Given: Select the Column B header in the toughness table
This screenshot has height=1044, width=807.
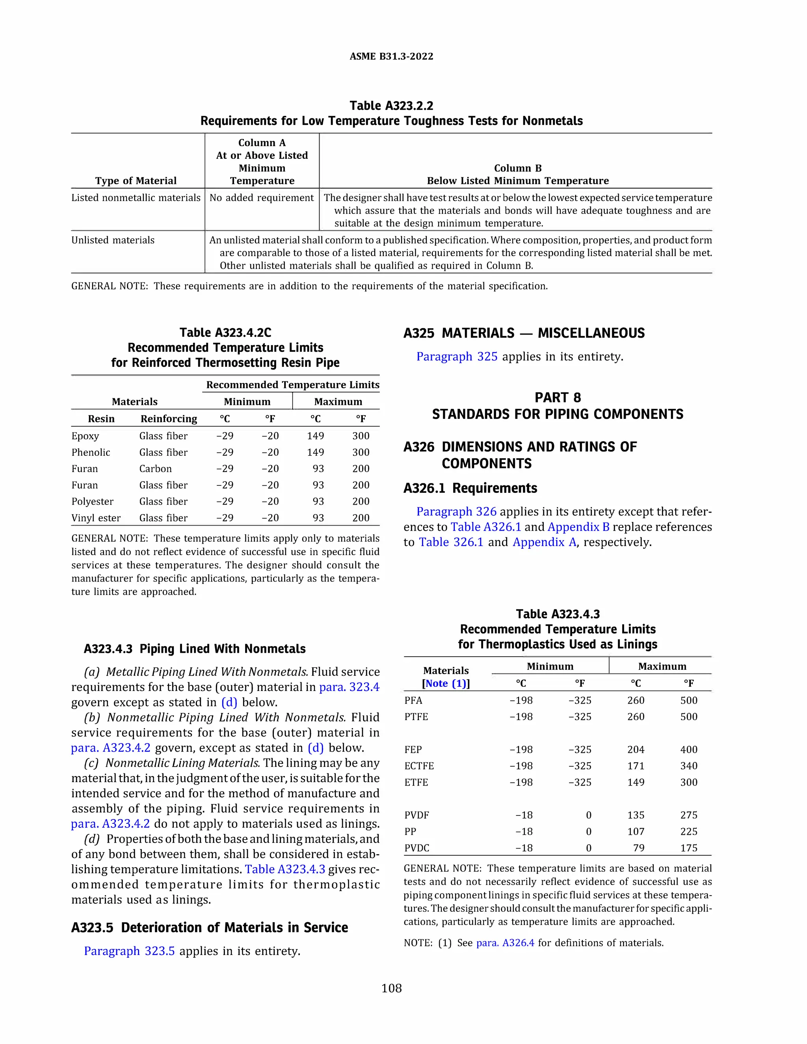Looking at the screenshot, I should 517,175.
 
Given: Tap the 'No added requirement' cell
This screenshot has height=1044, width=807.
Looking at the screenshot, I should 262,198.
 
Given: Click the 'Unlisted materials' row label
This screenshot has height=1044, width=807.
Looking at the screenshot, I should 113,240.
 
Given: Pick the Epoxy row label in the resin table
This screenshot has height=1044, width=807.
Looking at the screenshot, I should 85,436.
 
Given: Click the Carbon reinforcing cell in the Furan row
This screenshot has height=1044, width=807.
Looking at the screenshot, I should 155,469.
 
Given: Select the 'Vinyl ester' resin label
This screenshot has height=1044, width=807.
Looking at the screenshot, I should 96,518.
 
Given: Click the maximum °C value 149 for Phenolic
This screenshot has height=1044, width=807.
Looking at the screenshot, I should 315,452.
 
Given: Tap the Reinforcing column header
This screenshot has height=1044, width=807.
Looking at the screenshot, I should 168,419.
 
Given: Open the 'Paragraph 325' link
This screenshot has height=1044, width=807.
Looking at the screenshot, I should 457,357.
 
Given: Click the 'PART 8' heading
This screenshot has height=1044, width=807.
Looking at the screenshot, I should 558,398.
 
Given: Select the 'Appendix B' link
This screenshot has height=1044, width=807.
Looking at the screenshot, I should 578,527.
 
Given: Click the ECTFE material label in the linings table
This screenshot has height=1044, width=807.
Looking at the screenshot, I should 419,766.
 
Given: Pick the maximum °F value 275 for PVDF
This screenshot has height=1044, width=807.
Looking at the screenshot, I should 688,815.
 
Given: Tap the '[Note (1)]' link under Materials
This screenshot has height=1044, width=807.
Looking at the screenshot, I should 446,684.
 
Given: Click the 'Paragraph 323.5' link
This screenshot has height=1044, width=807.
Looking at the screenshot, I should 129,951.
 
